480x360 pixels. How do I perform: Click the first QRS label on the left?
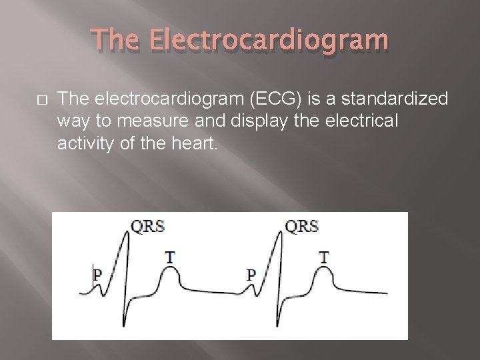(x=147, y=226)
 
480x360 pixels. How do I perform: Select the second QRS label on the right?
(x=301, y=226)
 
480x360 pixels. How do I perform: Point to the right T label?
(x=323, y=257)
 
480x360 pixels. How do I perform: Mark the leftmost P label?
(x=97, y=273)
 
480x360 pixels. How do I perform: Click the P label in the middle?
(x=251, y=273)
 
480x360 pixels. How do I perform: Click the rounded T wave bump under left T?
(x=170, y=271)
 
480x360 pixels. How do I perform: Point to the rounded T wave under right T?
(x=324, y=271)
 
